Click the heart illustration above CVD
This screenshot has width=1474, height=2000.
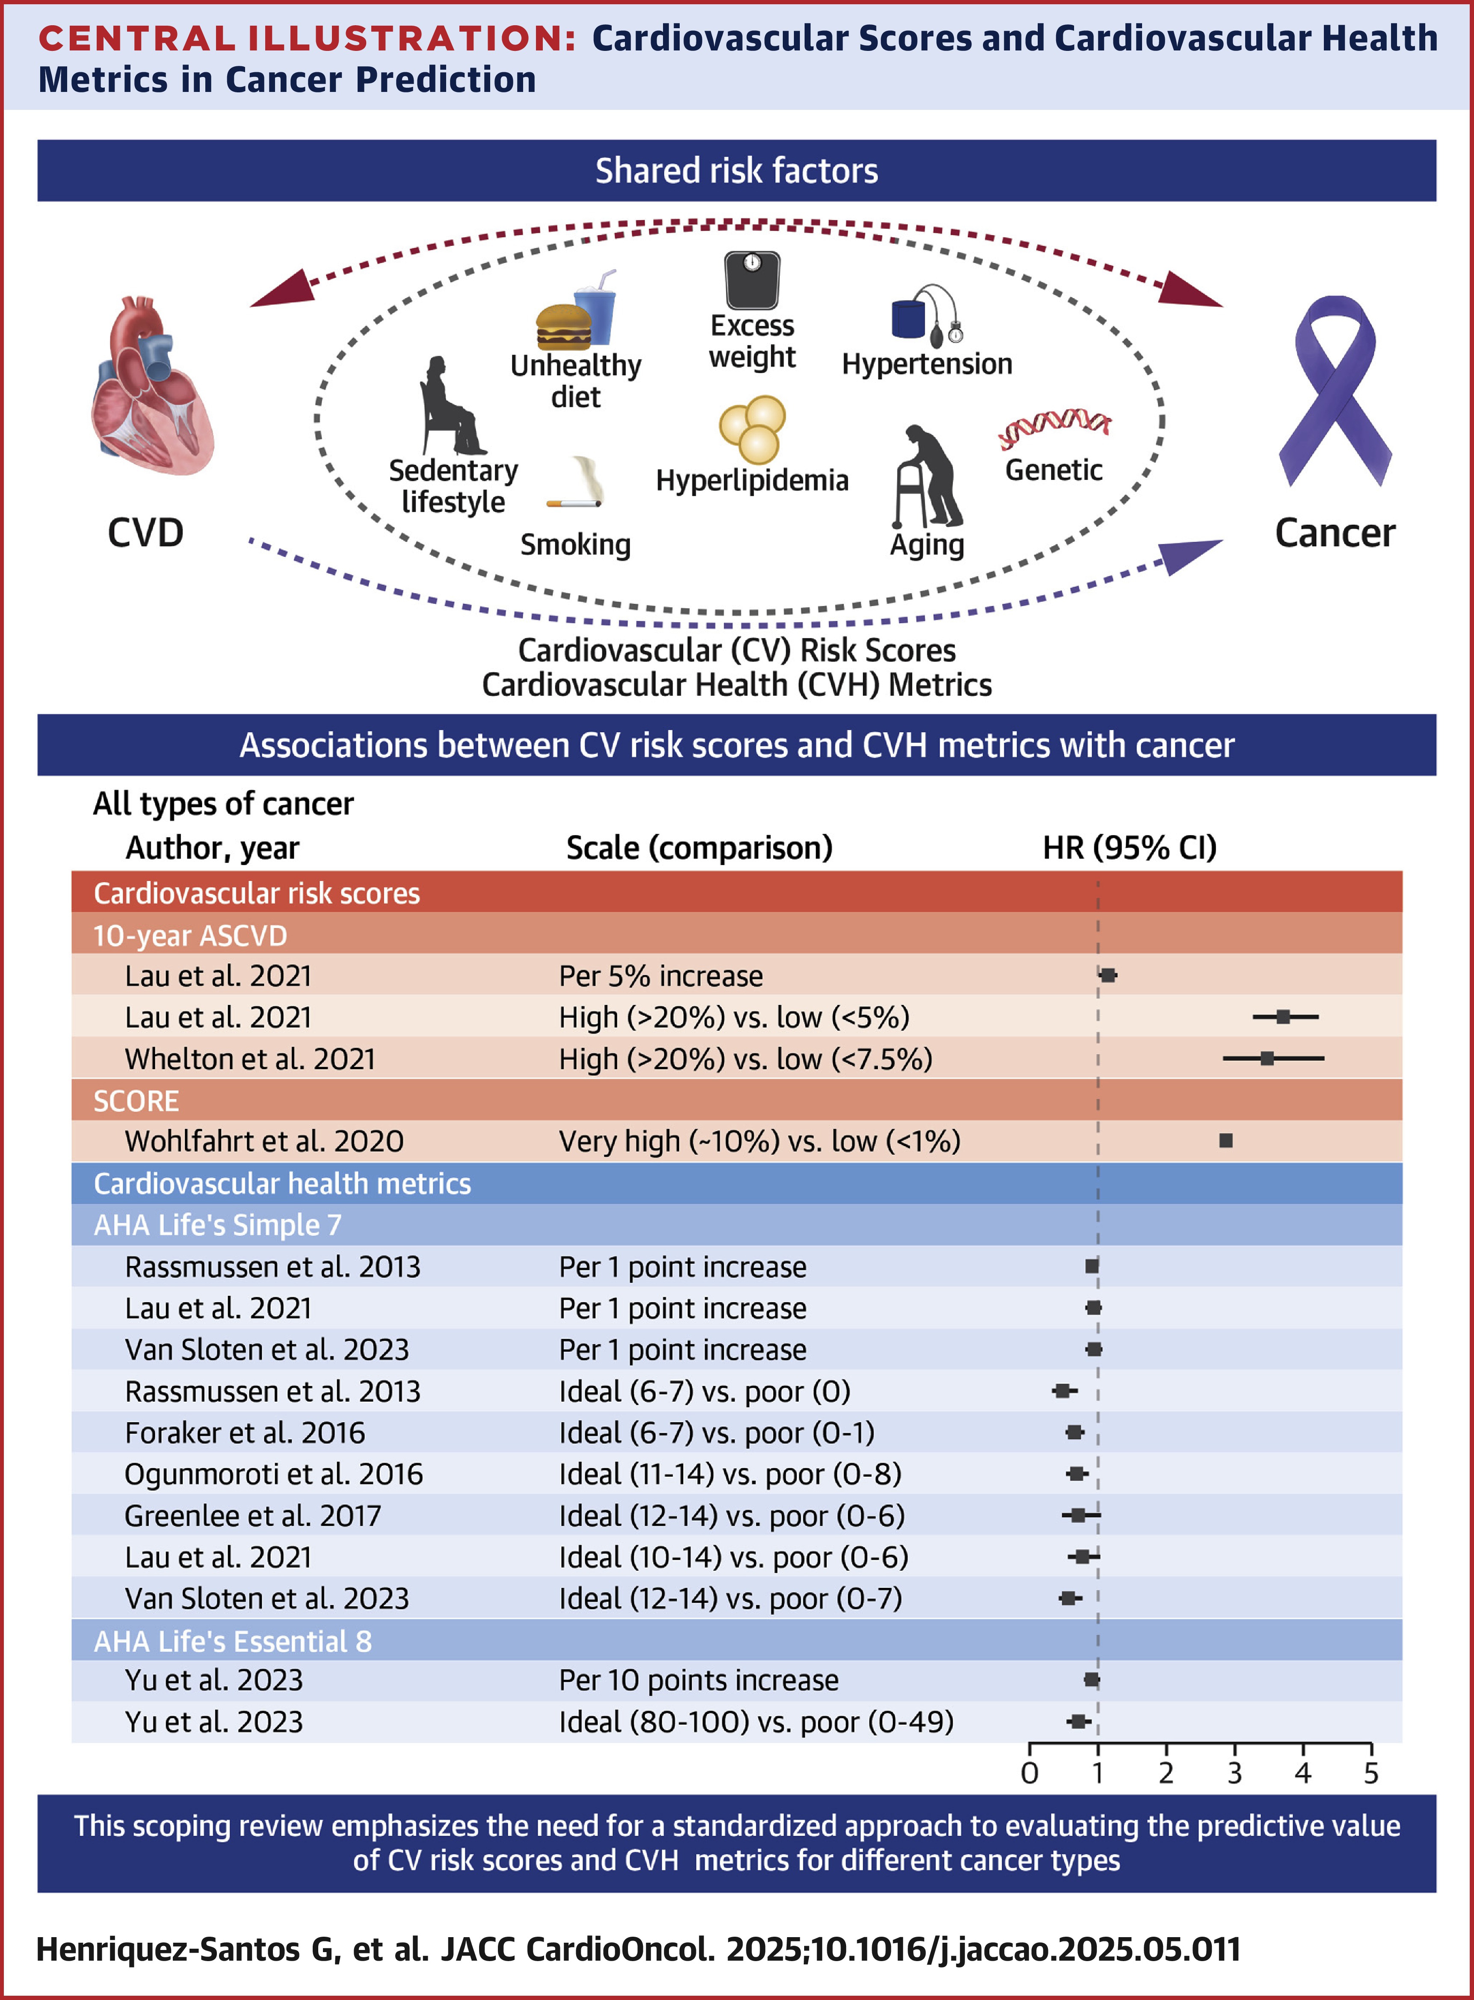tap(152, 388)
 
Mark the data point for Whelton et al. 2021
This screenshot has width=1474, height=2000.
tap(1267, 1058)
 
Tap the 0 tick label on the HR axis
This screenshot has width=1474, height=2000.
tap(1030, 1773)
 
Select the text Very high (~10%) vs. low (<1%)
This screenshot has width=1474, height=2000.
tap(759, 1141)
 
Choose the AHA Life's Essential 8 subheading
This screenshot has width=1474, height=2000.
tap(233, 1641)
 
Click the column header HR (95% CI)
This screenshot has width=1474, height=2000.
tap(1130, 848)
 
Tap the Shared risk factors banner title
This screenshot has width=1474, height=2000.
tap(736, 170)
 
